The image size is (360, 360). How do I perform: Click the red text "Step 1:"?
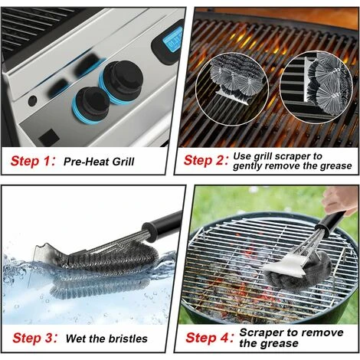coord(33,161)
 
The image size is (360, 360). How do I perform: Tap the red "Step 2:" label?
coord(206,161)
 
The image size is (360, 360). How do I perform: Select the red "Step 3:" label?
coord(34,338)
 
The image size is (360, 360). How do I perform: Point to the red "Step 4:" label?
coord(209,338)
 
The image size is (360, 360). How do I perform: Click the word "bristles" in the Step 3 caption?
coord(128,339)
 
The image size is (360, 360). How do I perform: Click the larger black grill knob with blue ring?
coord(121,82)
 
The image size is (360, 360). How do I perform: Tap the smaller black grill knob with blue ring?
coord(90,105)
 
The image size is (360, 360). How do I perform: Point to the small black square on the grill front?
coord(49,138)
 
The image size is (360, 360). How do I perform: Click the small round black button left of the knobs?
coord(32,101)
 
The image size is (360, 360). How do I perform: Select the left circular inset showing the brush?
coord(232,89)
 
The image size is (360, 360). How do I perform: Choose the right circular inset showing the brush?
coord(316,87)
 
